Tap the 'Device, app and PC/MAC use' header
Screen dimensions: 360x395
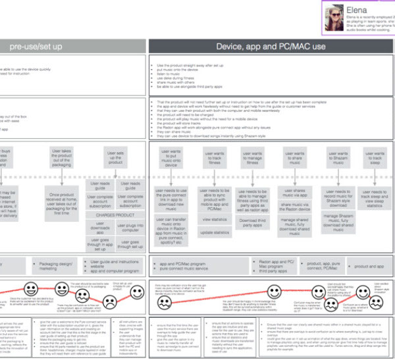point(271,46)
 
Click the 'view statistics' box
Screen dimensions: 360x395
point(214,219)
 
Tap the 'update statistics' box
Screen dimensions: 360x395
point(214,233)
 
